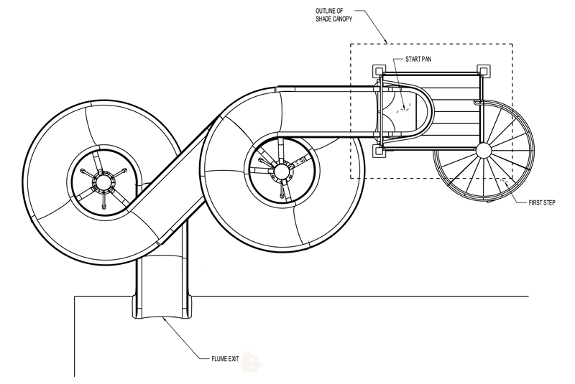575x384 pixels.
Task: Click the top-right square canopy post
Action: [483, 70]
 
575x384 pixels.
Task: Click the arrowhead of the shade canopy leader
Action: [387, 42]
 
